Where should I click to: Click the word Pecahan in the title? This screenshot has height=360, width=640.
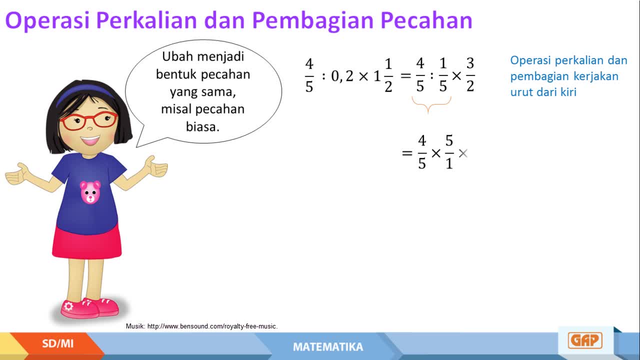[x=426, y=20]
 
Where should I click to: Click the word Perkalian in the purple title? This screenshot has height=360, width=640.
[x=147, y=20]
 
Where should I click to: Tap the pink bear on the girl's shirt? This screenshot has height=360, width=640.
[x=90, y=192]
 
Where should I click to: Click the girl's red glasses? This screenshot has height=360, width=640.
[x=88, y=120]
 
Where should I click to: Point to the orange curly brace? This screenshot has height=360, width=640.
[x=431, y=104]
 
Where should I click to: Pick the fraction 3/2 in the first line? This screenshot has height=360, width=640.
[x=470, y=75]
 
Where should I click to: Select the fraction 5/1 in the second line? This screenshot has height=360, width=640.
[x=449, y=152]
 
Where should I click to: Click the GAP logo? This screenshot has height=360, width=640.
[x=585, y=340]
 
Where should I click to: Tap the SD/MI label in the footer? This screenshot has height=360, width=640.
[x=57, y=343]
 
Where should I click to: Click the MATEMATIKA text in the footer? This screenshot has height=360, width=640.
[x=328, y=347]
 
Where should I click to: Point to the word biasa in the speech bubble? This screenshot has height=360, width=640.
[x=202, y=126]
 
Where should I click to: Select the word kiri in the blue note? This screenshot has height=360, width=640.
[x=568, y=92]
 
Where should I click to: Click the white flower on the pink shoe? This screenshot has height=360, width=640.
[x=68, y=306]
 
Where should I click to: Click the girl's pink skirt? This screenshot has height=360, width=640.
[x=87, y=241]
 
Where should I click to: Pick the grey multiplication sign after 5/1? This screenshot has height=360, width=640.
[x=463, y=153]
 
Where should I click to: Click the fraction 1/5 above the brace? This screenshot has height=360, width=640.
[x=443, y=75]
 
